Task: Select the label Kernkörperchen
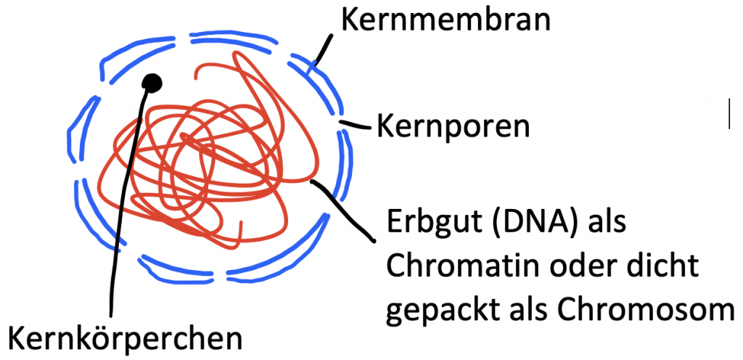click(x=124, y=337)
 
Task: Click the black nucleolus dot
click(x=152, y=83)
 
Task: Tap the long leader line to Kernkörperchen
click(x=120, y=218)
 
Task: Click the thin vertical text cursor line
click(x=728, y=114)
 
